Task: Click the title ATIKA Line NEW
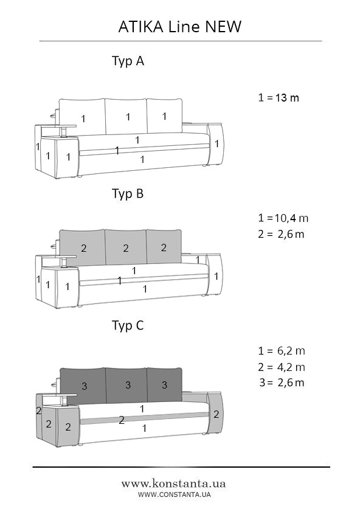point(180,27)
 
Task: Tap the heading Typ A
point(128,61)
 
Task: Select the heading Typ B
point(128,193)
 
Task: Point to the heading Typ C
point(128,325)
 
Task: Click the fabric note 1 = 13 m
point(279,97)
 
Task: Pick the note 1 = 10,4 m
point(283,218)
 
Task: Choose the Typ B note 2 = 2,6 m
point(281,234)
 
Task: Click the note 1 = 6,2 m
point(282,351)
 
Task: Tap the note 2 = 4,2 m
point(282,367)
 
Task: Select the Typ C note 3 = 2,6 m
point(282,383)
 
